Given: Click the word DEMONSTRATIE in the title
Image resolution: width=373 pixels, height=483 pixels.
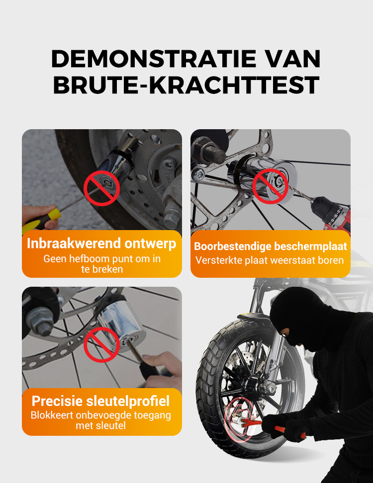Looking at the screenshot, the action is (154, 59).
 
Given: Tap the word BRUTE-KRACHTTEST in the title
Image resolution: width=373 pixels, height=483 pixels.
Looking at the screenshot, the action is (186, 85).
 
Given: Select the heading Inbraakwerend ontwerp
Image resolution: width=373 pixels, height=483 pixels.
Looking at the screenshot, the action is (101, 243).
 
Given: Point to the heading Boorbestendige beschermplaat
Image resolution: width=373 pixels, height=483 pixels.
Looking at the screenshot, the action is (271, 246).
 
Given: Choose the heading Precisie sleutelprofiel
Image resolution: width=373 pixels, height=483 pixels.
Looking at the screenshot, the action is (100, 401).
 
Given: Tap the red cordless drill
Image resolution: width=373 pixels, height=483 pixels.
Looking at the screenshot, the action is (331, 213).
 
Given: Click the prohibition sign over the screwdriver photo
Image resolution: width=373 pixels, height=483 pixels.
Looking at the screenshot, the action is (102, 188).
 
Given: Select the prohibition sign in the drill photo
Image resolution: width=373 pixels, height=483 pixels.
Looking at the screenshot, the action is (271, 186).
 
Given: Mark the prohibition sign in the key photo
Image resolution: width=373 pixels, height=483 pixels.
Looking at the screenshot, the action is (102, 344).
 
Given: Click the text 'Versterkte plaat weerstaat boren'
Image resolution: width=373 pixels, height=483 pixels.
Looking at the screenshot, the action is (270, 260).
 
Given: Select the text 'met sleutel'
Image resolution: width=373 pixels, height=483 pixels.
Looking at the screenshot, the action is (101, 426).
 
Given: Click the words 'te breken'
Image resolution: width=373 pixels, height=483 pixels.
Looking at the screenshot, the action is (102, 269).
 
